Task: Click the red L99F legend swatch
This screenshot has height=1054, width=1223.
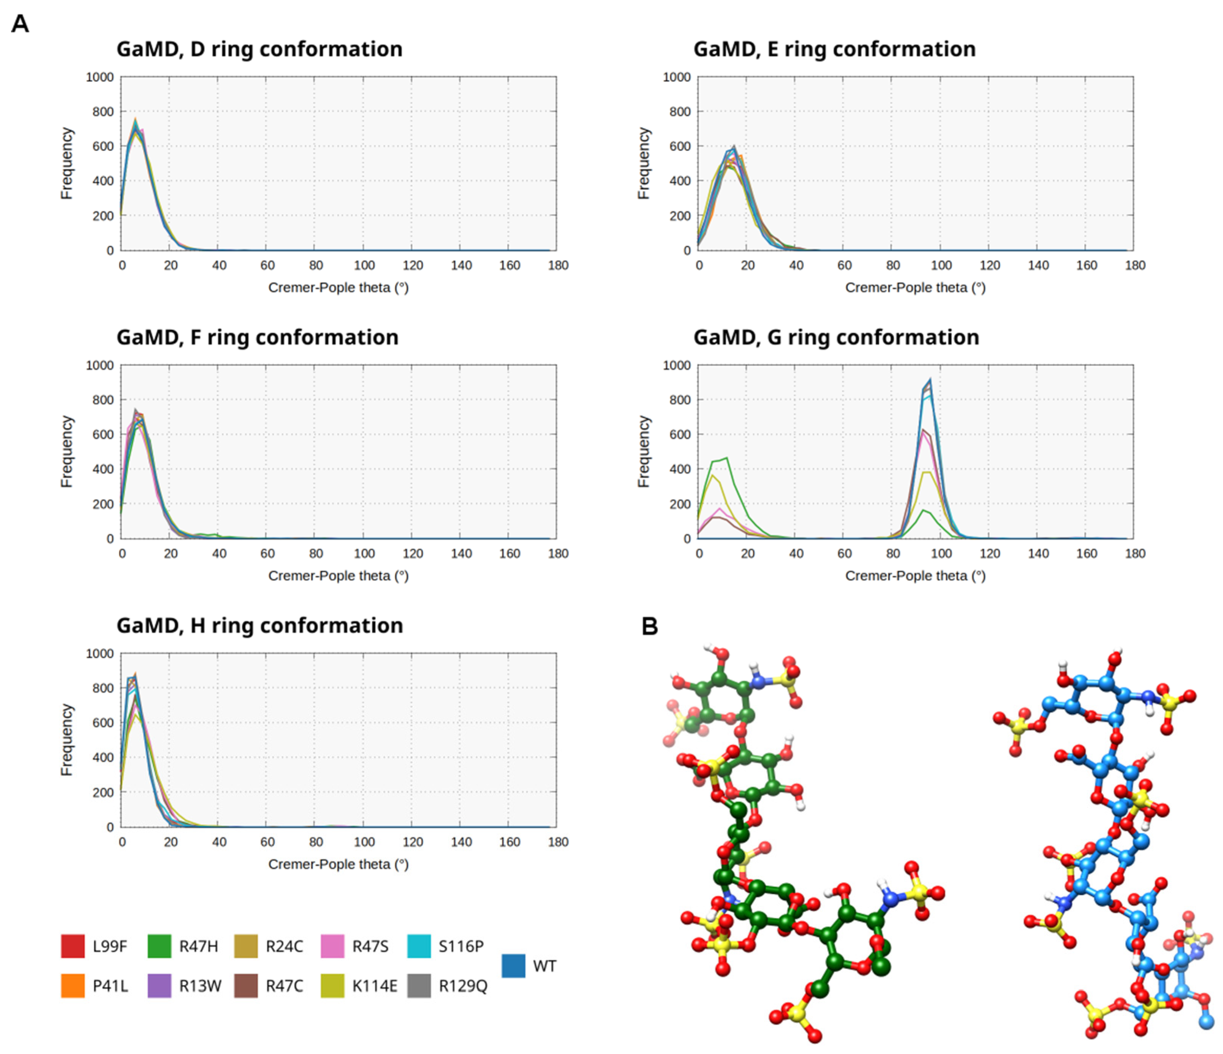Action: pos(73,946)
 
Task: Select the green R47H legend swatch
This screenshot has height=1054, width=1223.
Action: pos(159,946)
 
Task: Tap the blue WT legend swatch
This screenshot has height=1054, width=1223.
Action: pos(514,966)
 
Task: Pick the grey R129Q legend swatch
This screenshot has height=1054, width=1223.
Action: pos(419,986)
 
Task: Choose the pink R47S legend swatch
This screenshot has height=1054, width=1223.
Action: pos(332,946)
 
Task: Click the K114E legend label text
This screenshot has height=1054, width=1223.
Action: pos(374,986)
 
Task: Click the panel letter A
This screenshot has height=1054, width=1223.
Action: pos(20,24)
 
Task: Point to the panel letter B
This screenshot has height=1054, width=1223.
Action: pos(649,626)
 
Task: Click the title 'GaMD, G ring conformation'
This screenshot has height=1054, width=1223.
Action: pos(836,337)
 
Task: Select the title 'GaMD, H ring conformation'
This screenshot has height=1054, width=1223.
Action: pos(260,625)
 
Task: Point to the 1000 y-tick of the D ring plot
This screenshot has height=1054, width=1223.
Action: pos(100,77)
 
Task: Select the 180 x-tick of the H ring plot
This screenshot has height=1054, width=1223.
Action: pos(558,842)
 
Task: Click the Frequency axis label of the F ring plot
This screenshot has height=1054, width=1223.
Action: pos(67,452)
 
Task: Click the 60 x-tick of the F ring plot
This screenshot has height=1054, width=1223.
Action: pos(267,553)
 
